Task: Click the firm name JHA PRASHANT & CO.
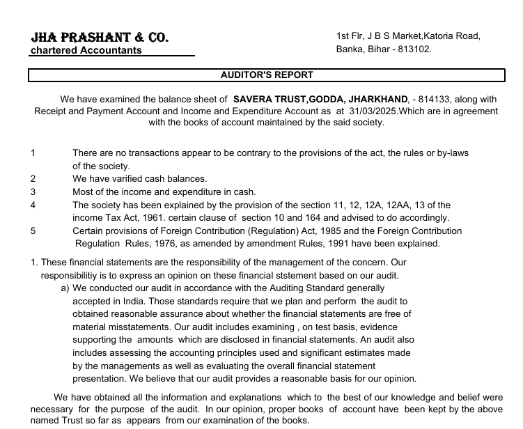point(100,37)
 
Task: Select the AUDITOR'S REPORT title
point(267,75)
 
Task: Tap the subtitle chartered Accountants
point(86,50)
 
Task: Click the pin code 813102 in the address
point(416,49)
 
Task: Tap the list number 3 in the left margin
point(33,192)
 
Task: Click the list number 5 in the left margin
point(33,231)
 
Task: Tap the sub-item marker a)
point(65,288)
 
